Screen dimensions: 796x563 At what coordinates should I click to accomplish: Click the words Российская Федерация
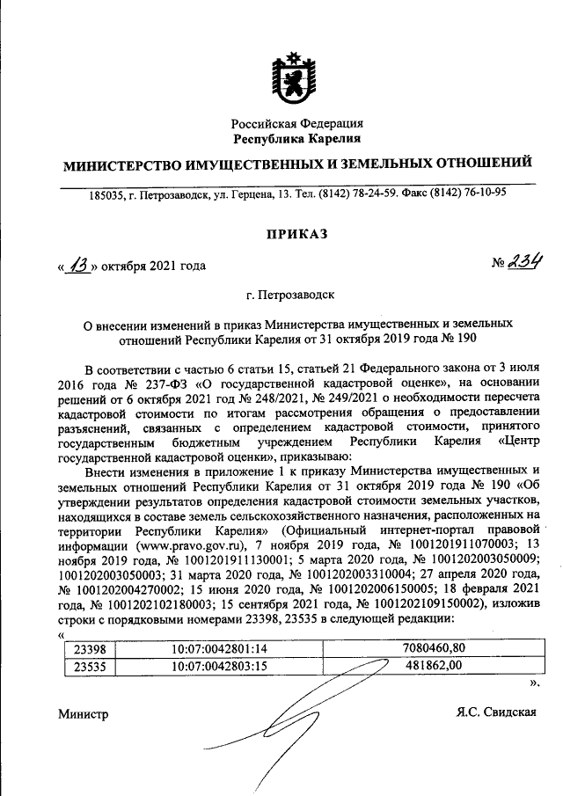click(296, 124)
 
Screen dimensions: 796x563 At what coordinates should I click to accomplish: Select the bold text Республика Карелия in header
click(296, 139)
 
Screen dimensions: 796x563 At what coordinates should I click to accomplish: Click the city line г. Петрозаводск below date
click(296, 298)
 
